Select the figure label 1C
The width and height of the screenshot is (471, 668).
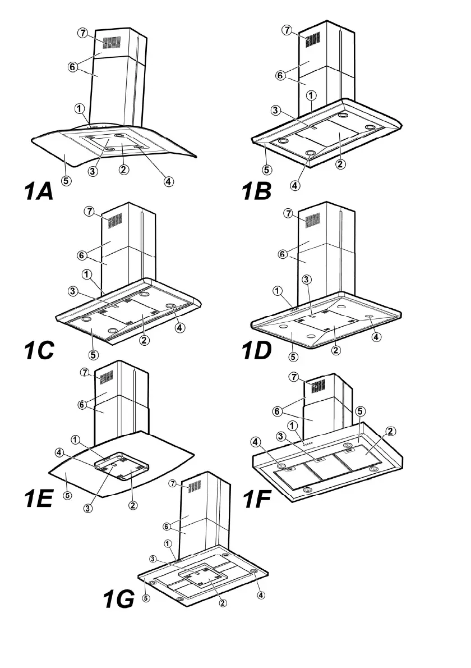coord(39,350)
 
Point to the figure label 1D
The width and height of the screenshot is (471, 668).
coord(256,350)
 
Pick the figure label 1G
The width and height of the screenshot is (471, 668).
coord(118,600)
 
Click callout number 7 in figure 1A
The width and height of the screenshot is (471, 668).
coord(83,33)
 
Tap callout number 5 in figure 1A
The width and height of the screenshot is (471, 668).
coord(66,181)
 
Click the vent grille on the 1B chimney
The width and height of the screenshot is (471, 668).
coord(313,39)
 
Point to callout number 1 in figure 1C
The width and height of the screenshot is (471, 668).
coord(86,274)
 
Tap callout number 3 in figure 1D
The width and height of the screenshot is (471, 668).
coord(306,279)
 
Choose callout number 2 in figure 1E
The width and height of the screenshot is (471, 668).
coord(133,506)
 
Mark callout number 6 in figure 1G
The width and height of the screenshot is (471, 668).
coord(167,527)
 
